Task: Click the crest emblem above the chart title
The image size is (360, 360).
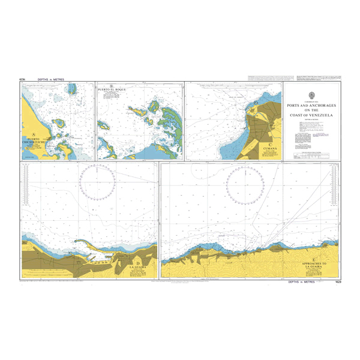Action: [311, 95]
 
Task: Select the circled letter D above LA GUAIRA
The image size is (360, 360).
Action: [138, 262]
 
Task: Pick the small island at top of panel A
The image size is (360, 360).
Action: [73, 89]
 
